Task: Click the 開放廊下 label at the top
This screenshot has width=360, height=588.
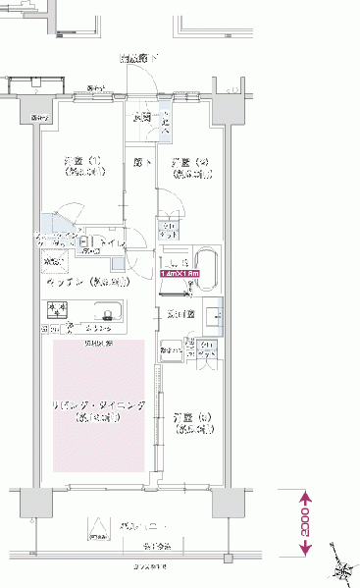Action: (x=139, y=59)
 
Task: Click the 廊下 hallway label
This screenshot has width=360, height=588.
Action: (x=142, y=163)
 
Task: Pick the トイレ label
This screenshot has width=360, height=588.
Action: (x=109, y=241)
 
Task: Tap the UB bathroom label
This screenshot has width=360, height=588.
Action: (x=180, y=262)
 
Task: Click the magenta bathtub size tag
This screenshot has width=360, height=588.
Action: (x=181, y=274)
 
